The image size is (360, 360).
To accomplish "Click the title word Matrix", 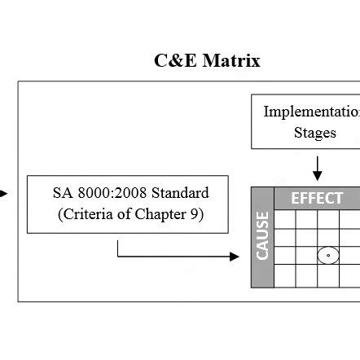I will coord(230,61).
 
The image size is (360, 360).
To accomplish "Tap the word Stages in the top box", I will coord(314,134).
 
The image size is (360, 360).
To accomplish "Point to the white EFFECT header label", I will coord(318,199).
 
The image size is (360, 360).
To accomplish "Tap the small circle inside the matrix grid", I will coord(327,256).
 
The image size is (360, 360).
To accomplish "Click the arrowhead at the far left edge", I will coord(4,194).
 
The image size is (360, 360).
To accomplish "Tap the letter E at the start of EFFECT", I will coord(296,199).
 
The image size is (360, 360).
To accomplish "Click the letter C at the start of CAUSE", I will coord(262,255).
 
